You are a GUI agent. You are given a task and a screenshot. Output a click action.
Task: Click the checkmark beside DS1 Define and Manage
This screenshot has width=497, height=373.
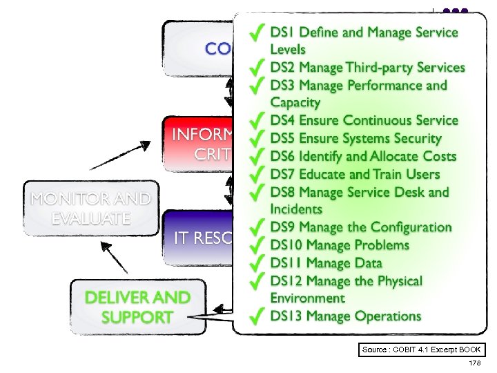coord(257,32)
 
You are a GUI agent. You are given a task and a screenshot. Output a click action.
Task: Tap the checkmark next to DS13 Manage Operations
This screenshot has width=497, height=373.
coord(257,316)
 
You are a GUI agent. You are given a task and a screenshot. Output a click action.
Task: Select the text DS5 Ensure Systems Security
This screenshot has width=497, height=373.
coord(356,139)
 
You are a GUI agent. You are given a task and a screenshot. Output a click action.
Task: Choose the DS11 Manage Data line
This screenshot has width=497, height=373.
coord(326,263)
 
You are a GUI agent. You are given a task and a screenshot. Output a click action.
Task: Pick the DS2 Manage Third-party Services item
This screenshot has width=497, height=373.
coord(367,68)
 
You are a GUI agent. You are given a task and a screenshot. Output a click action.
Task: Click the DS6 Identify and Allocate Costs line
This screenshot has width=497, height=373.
coord(363,157)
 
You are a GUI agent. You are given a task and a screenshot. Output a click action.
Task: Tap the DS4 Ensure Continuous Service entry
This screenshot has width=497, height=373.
coord(364,121)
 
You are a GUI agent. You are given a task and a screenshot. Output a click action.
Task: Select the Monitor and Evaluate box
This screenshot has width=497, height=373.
coord(90,209)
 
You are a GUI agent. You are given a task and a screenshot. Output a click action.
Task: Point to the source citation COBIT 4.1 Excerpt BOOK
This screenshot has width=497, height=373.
coord(422,350)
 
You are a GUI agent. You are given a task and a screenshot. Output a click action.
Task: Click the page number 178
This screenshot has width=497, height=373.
coord(474,363)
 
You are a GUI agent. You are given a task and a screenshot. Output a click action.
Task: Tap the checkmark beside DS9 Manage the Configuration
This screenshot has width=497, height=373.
coord(257,227)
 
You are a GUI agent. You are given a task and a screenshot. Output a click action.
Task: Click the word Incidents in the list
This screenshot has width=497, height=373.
coord(296,209)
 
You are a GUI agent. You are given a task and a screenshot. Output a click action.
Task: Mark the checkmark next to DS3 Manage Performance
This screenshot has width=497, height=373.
coord(257,86)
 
